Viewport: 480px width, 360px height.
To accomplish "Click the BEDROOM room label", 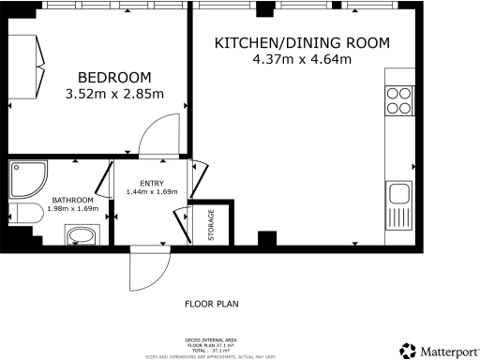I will (114, 77).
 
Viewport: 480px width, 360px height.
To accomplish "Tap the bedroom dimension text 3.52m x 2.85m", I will (114, 94).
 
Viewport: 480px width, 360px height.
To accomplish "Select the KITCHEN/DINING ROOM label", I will (301, 44).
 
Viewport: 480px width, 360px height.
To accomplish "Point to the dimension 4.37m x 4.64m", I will (301, 61).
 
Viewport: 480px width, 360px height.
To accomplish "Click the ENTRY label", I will (151, 183).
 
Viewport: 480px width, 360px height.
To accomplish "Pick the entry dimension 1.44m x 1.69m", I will (151, 192).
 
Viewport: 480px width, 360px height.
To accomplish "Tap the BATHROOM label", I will (72, 200).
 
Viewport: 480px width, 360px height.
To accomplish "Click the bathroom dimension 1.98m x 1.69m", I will (72, 208).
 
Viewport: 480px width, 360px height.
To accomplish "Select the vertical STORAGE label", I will (211, 225).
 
